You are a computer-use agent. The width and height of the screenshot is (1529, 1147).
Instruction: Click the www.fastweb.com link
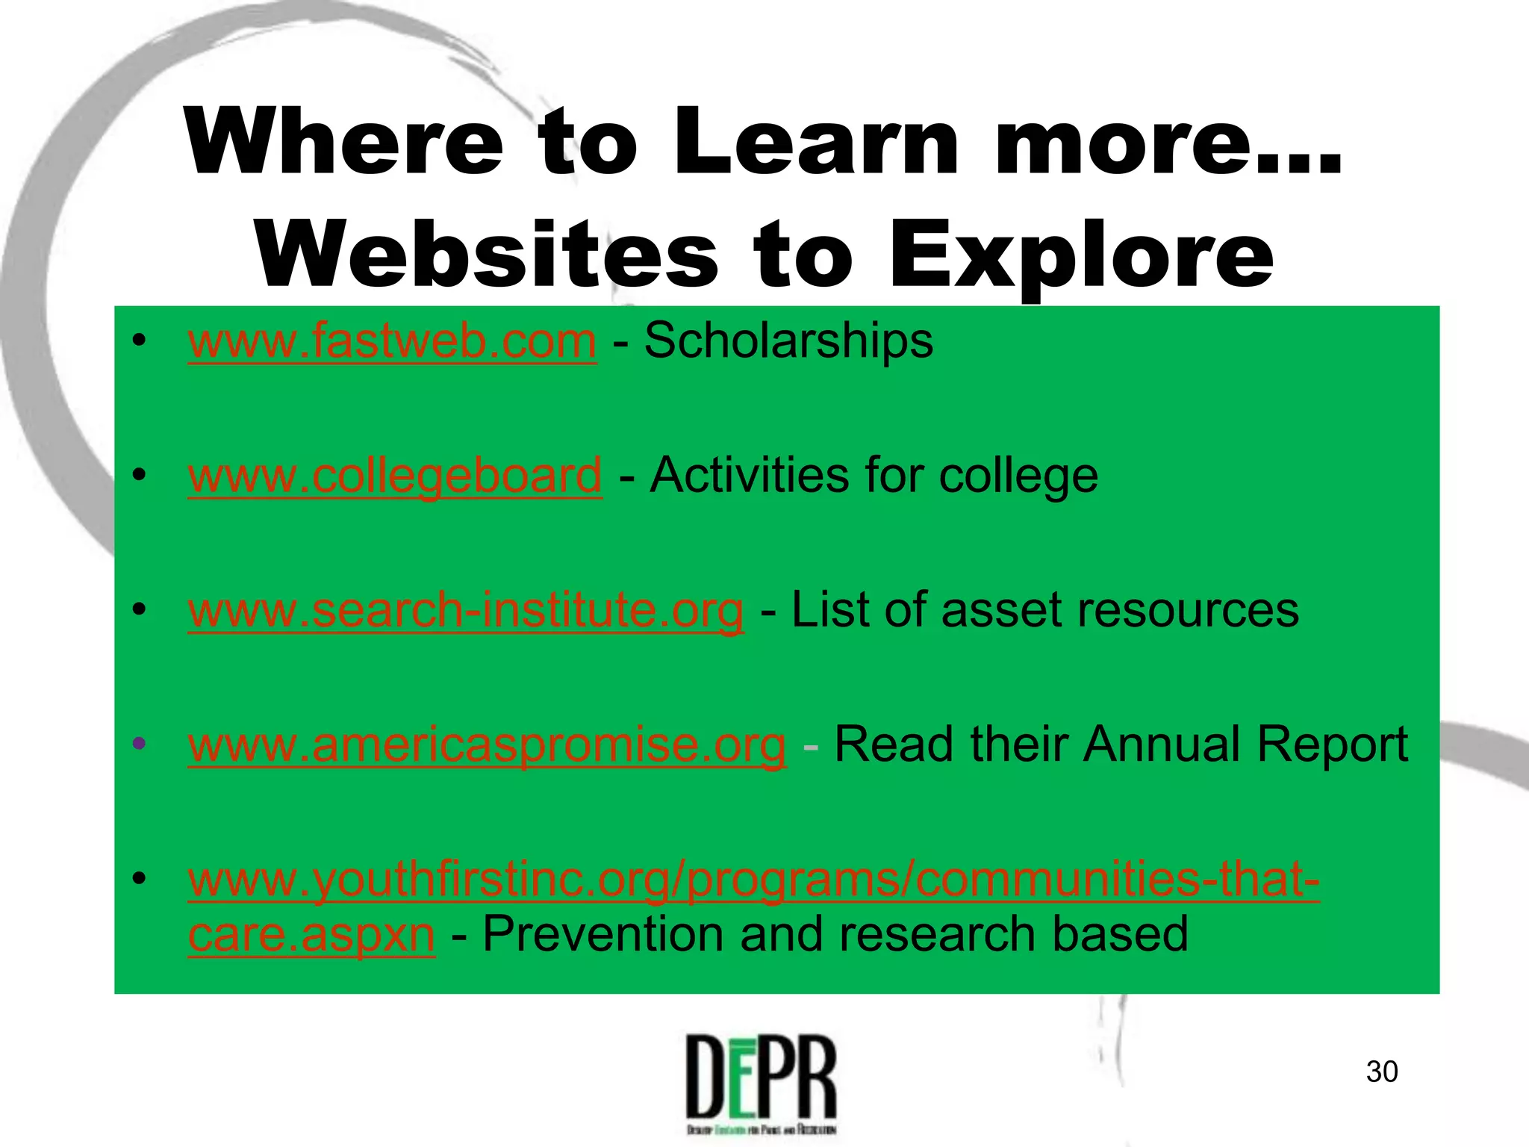pyautogui.click(x=392, y=342)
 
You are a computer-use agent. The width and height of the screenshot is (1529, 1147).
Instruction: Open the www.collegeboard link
pyautogui.click(x=395, y=476)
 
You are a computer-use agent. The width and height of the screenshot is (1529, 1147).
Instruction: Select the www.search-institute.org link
pyautogui.click(x=466, y=610)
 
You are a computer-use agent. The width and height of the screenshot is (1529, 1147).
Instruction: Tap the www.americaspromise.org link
pyautogui.click(x=487, y=745)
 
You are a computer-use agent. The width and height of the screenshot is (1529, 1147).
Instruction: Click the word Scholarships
pyautogui.click(x=788, y=341)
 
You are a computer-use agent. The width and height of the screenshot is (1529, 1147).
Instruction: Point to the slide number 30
pyautogui.click(x=1381, y=1072)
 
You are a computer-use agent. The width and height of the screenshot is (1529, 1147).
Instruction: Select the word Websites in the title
pyautogui.click(x=487, y=255)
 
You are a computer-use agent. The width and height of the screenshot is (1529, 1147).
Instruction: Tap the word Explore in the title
pyautogui.click(x=1082, y=255)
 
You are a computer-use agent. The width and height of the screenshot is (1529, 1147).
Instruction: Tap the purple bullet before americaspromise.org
pyautogui.click(x=138, y=744)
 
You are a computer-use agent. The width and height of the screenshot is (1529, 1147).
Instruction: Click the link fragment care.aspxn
pyautogui.click(x=311, y=934)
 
